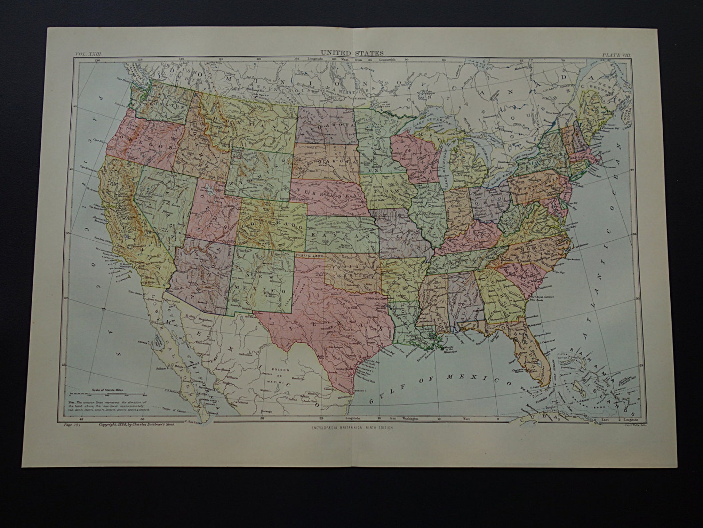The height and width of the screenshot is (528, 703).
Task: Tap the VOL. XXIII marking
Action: pos(88,54)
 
